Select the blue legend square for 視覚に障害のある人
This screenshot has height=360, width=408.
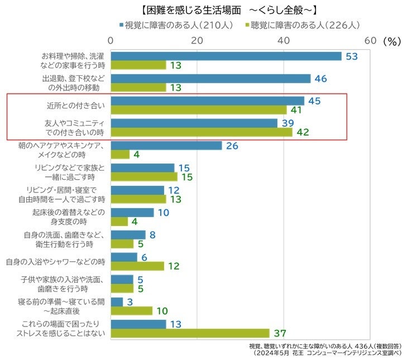tap(121, 25)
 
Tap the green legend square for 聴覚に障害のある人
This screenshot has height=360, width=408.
tap(247, 25)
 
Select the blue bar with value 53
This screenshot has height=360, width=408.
tap(226, 56)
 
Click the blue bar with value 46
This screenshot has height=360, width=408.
tap(210, 79)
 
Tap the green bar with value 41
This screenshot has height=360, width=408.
tap(199, 110)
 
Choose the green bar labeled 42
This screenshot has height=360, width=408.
tap(201, 132)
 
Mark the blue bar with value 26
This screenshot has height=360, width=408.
tap(166, 146)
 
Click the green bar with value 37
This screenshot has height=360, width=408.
tap(190, 333)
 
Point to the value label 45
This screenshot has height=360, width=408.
tap(314, 100)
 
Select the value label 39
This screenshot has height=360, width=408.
tap(288, 123)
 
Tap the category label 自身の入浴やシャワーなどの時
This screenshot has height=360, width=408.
tap(56, 261)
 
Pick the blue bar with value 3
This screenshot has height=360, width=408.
tap(117, 302)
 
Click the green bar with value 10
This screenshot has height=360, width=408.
tap(132, 311)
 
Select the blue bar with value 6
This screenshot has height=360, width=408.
tap(124, 257)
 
